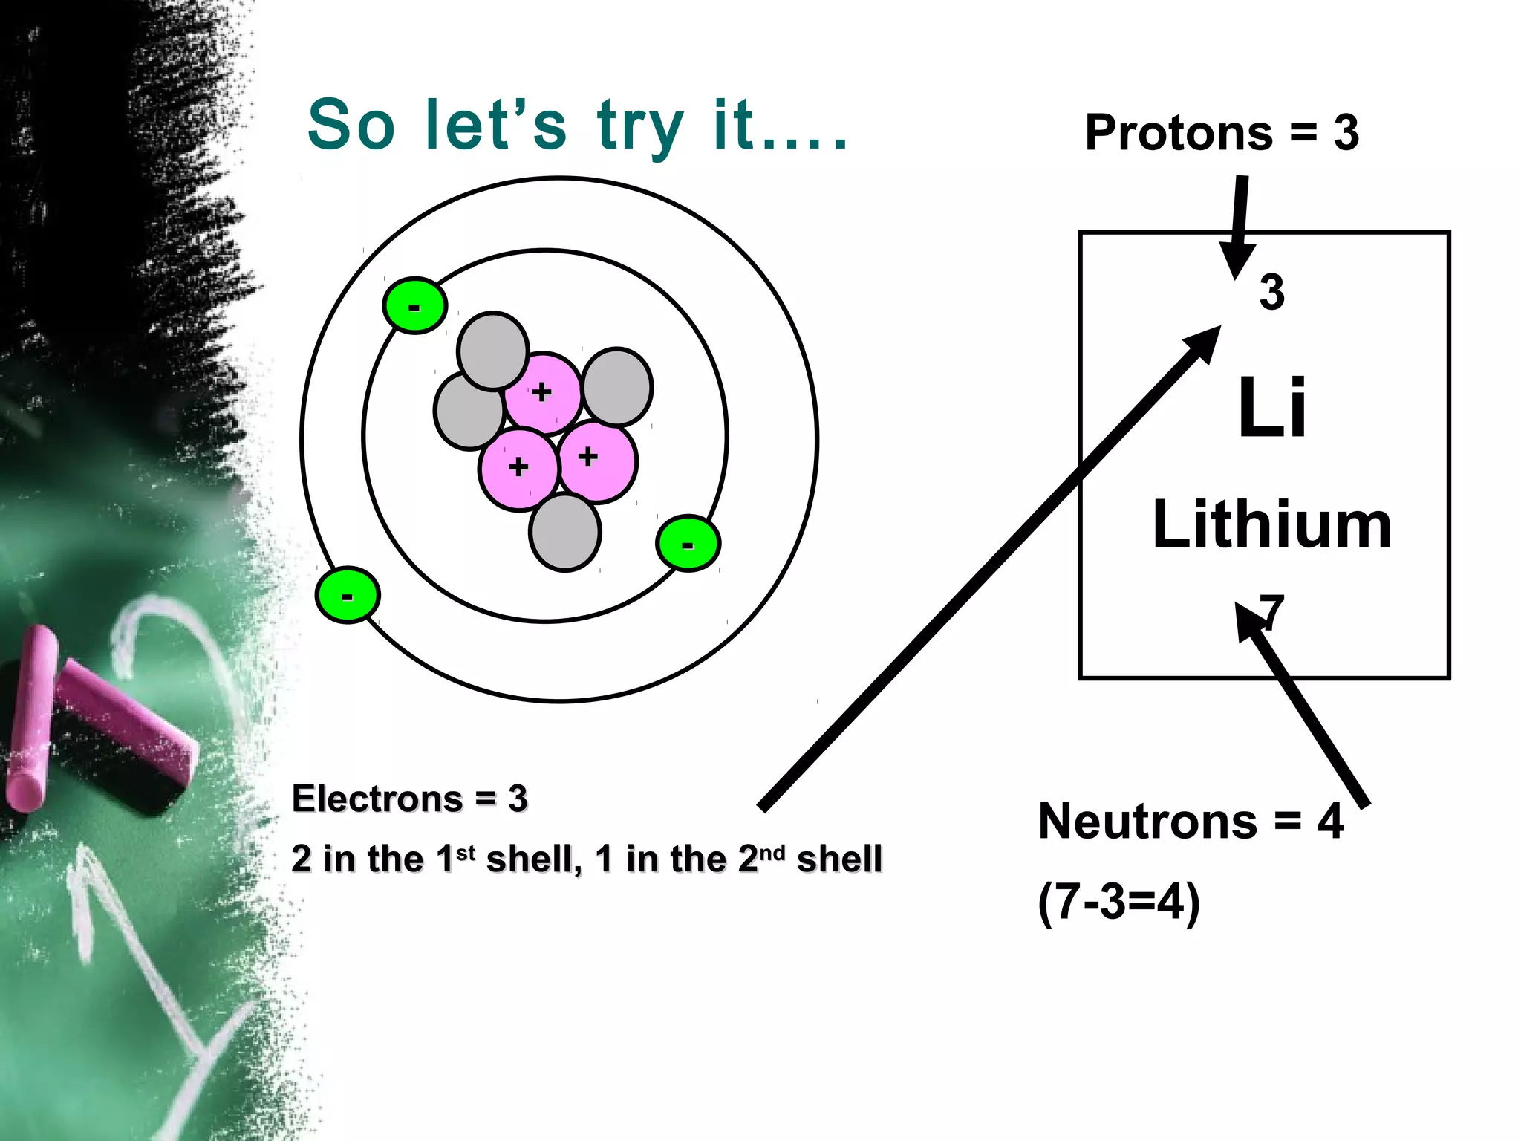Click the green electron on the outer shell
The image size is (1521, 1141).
pyautogui.click(x=348, y=594)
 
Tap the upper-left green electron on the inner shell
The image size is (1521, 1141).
pyautogui.click(x=414, y=305)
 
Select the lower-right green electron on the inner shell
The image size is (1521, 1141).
pyautogui.click(x=688, y=543)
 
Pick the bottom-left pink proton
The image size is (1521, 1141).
pyautogui.click(x=518, y=468)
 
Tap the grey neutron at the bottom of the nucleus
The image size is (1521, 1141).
pyautogui.click(x=565, y=533)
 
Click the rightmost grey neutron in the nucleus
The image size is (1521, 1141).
pyautogui.click(x=618, y=387)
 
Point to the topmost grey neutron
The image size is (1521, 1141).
pyautogui.click(x=492, y=351)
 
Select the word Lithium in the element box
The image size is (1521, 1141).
pyautogui.click(x=1271, y=525)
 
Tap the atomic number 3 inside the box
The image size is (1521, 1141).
pyautogui.click(x=1271, y=292)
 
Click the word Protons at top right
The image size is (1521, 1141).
pyautogui.click(x=1178, y=133)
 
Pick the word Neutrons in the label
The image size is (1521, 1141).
pyautogui.click(x=1147, y=822)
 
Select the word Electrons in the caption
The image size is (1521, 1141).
pyautogui.click(x=377, y=799)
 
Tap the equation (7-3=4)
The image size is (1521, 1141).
pyautogui.click(x=1118, y=902)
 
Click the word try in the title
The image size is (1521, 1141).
pyautogui.click(x=640, y=126)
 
